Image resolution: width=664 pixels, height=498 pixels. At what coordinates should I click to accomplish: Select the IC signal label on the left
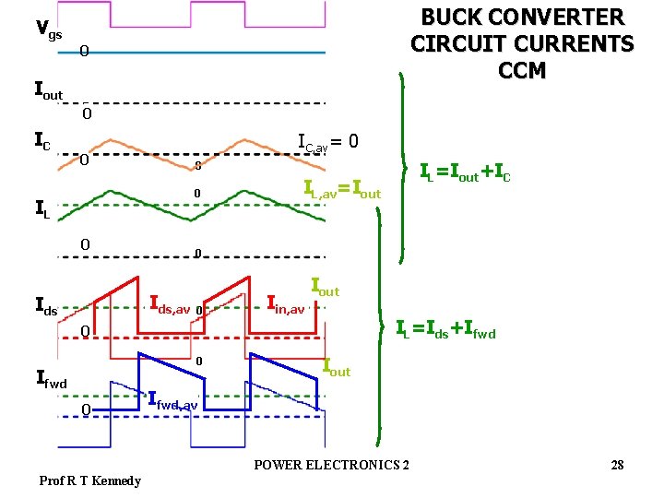(x=42, y=142)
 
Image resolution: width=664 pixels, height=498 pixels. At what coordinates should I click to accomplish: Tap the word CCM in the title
(x=522, y=70)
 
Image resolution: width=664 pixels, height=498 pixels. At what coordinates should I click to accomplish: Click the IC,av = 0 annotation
(x=327, y=142)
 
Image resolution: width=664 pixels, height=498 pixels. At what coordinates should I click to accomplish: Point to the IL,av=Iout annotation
(x=342, y=192)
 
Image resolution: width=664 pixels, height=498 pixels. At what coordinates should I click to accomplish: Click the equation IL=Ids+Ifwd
(x=445, y=327)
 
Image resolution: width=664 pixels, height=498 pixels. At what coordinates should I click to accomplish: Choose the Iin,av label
(x=285, y=303)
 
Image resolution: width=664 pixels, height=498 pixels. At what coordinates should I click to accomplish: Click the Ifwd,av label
(x=172, y=401)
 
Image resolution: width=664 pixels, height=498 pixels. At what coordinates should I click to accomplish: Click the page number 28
(x=617, y=465)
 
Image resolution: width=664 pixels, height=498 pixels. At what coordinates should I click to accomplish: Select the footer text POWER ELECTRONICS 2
(x=332, y=463)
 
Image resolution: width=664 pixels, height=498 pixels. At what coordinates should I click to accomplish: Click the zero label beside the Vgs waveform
(x=83, y=52)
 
